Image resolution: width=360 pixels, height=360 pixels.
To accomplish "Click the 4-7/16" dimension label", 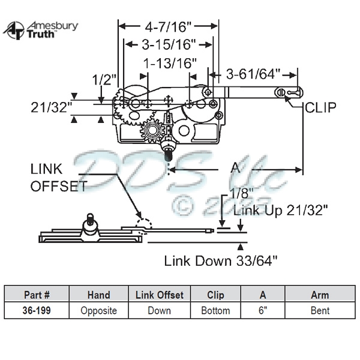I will tap(167, 26).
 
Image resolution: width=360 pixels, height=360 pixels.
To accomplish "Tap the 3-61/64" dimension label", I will tap(253, 74).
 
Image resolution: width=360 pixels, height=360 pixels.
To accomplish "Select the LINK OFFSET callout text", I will tap(58, 178).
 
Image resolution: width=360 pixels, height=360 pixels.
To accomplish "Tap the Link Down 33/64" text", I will tap(221, 260).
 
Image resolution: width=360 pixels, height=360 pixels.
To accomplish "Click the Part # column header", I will tap(37, 295).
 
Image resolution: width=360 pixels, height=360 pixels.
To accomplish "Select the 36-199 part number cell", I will tap(37, 310).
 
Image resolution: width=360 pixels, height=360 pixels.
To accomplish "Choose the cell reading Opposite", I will tap(98, 310).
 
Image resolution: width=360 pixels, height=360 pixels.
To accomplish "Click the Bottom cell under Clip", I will tap(215, 310).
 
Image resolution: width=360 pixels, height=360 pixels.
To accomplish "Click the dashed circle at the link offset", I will tap(145, 225).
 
